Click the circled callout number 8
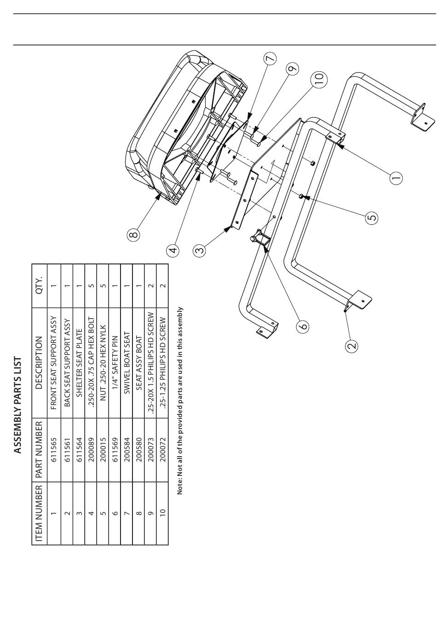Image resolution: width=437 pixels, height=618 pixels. pyautogui.click(x=133, y=235)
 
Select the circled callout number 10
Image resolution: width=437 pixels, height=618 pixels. pyautogui.click(x=319, y=79)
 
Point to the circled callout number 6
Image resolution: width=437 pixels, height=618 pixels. pyautogui.click(x=303, y=326)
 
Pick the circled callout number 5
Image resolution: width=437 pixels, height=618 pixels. pyautogui.click(x=372, y=217)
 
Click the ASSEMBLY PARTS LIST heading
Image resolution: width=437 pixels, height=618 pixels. pyautogui.click(x=17, y=405)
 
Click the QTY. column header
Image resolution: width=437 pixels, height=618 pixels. pyautogui.click(x=39, y=285)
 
